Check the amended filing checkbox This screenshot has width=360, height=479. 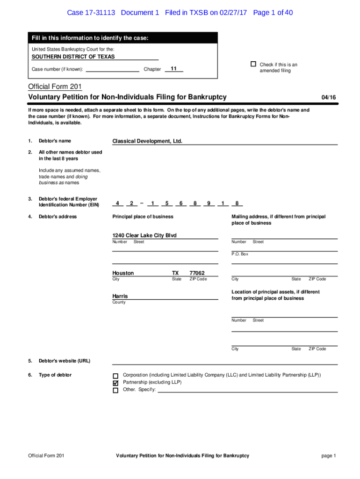coord(253,64)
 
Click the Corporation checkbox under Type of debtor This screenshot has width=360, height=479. coord(115,376)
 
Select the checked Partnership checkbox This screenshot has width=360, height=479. coord(115,383)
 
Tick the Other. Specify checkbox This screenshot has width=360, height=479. coord(115,390)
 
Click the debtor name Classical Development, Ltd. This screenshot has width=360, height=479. coord(147,141)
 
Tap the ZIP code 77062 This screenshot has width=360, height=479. coord(197,273)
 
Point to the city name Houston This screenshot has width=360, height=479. coord(123,273)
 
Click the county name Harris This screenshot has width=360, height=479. coord(120,296)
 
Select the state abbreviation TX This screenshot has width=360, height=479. coord(175,273)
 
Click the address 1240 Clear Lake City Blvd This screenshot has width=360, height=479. coord(144,235)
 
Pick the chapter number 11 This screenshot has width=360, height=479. coord(173,69)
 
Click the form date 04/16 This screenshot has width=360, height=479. coord(329,97)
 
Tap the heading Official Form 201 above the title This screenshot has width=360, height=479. coord(55,87)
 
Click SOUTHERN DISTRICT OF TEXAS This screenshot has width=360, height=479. coord(73,57)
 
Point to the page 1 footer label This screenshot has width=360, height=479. coord(328,456)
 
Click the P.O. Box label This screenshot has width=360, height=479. coord(240,254)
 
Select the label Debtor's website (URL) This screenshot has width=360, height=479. coord(65,361)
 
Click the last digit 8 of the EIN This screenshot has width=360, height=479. coord(237,203)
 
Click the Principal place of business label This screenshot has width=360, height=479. coord(143,217)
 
